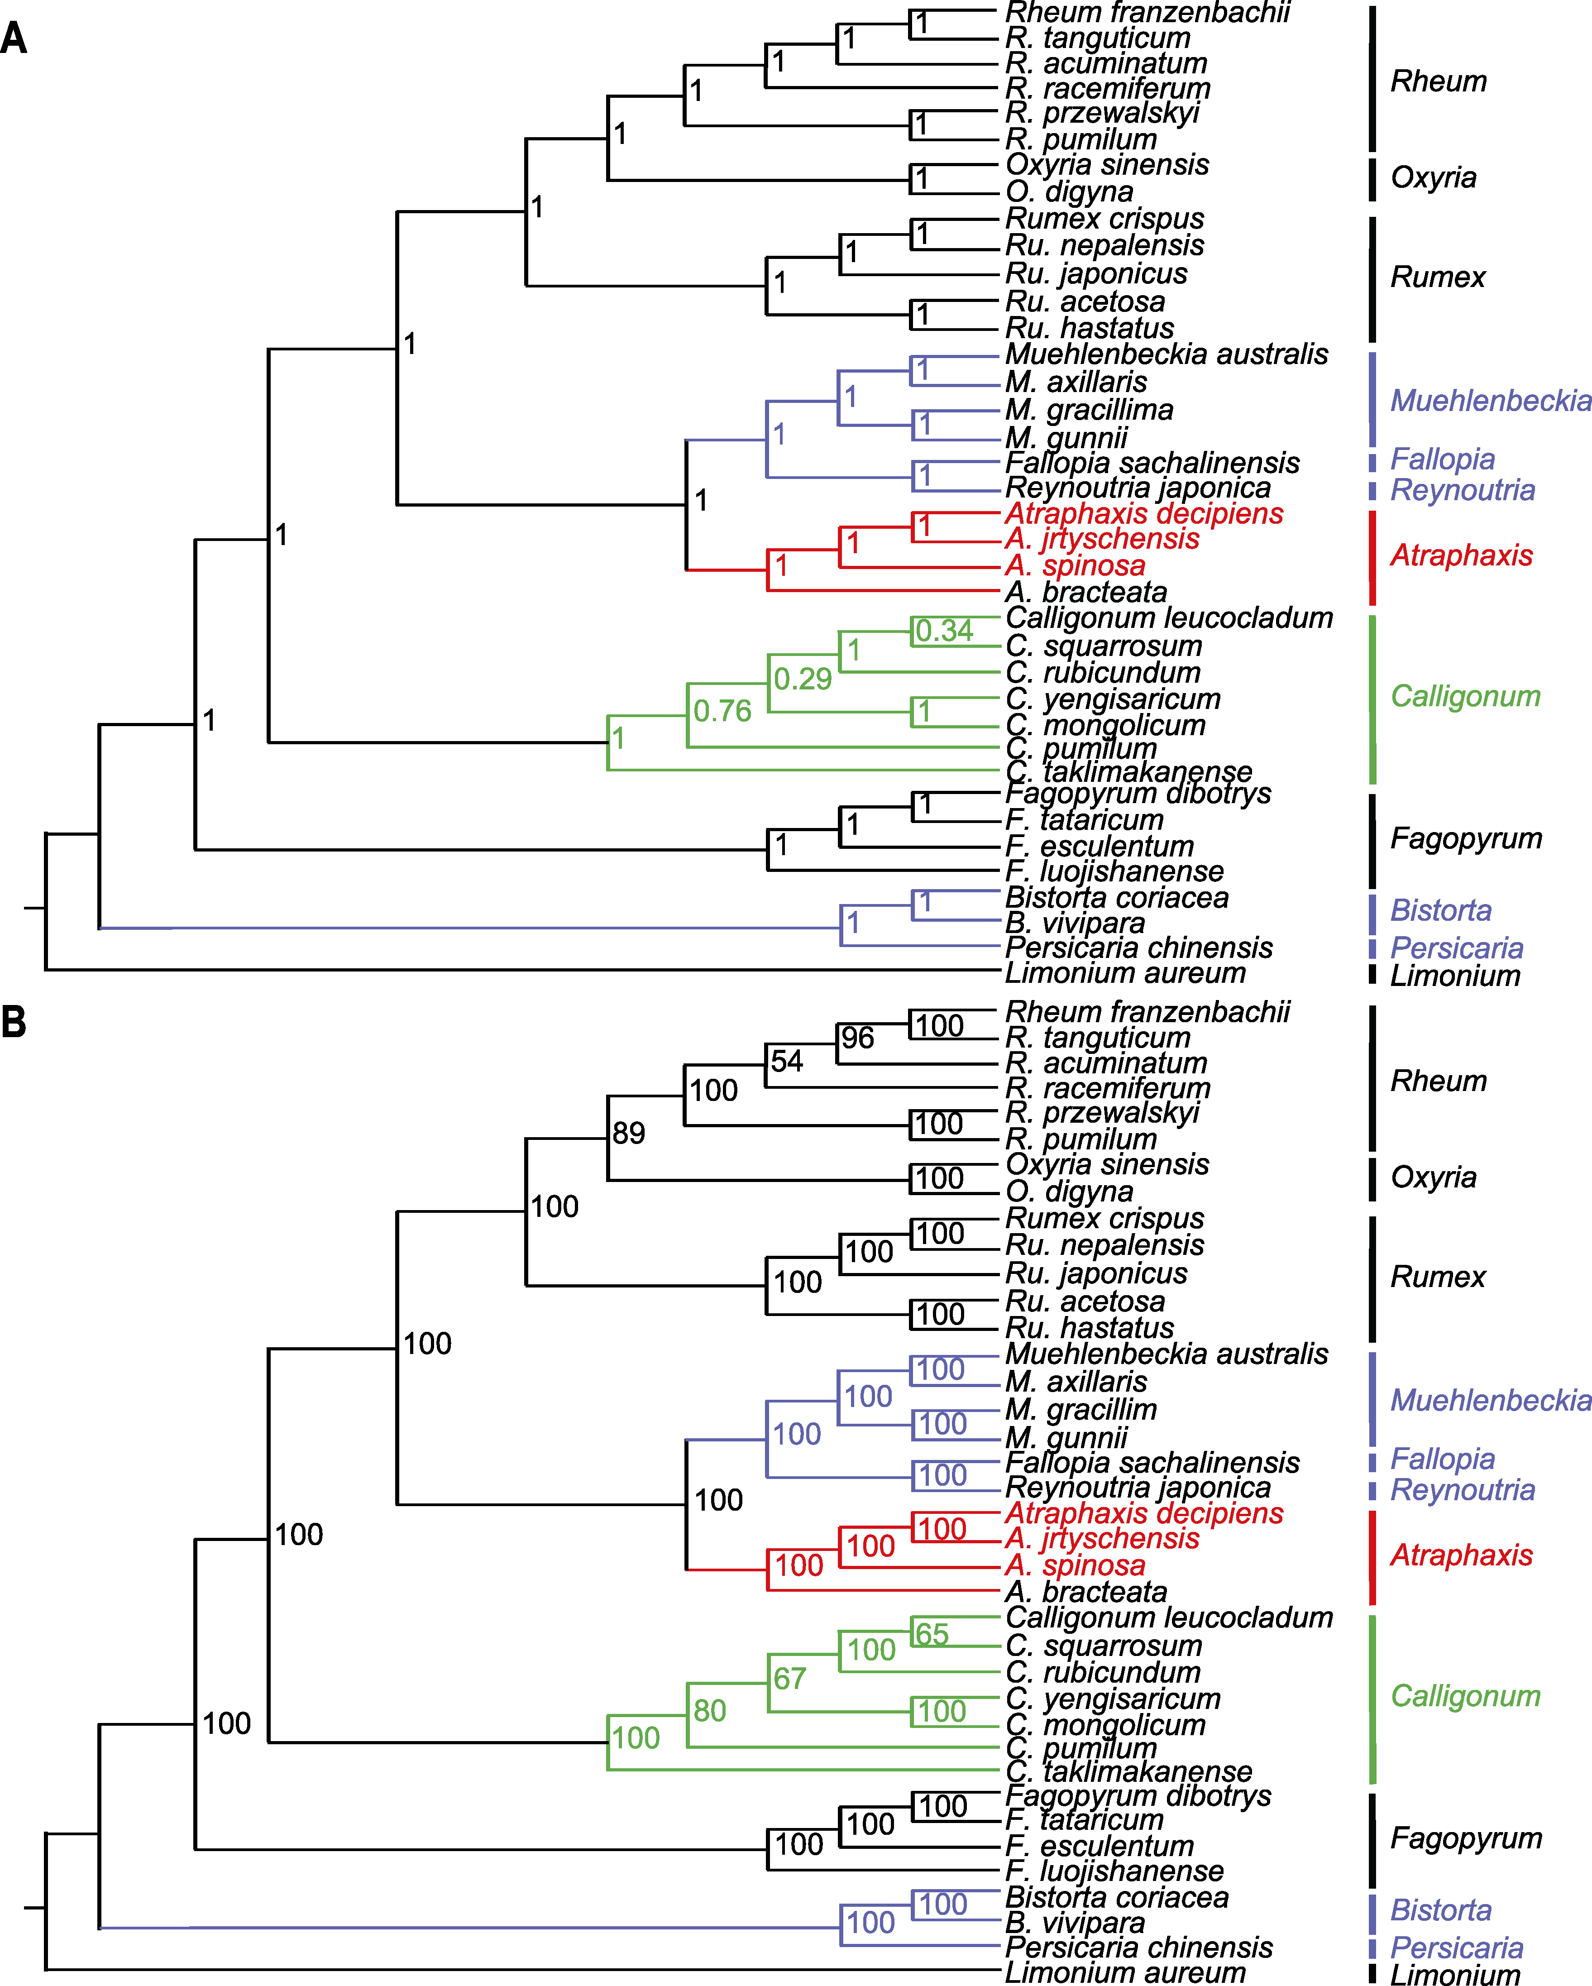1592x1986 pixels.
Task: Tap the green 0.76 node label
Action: coord(722,711)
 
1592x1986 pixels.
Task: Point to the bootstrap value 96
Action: coord(857,1038)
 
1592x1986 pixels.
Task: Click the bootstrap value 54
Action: coord(787,1061)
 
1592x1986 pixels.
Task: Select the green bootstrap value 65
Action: coord(932,1634)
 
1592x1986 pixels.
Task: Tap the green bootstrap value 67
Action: coord(789,1678)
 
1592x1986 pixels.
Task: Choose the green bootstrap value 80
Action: coord(709,1711)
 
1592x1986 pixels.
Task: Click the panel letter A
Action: coord(14,38)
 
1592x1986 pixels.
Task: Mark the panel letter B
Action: coord(14,1022)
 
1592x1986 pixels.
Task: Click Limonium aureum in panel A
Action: coord(1125,973)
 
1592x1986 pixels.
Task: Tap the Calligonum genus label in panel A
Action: coord(1465,696)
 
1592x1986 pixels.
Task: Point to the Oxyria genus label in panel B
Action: coord(1434,1177)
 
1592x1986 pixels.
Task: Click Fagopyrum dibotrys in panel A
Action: coord(1138,793)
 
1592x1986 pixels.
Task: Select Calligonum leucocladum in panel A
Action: coord(1169,618)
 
